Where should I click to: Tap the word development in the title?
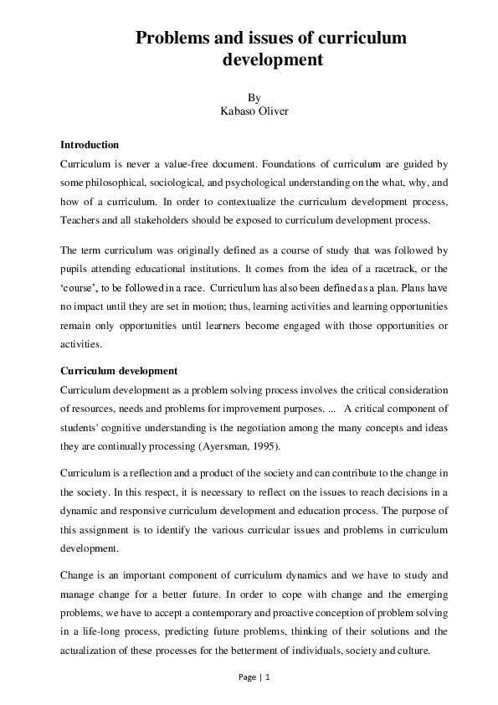(x=272, y=60)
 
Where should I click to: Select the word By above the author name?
(x=254, y=97)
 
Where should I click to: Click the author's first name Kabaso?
(x=239, y=111)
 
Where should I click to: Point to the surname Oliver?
(x=274, y=111)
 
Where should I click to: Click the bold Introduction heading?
(x=90, y=145)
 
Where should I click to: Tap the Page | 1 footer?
(x=254, y=677)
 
